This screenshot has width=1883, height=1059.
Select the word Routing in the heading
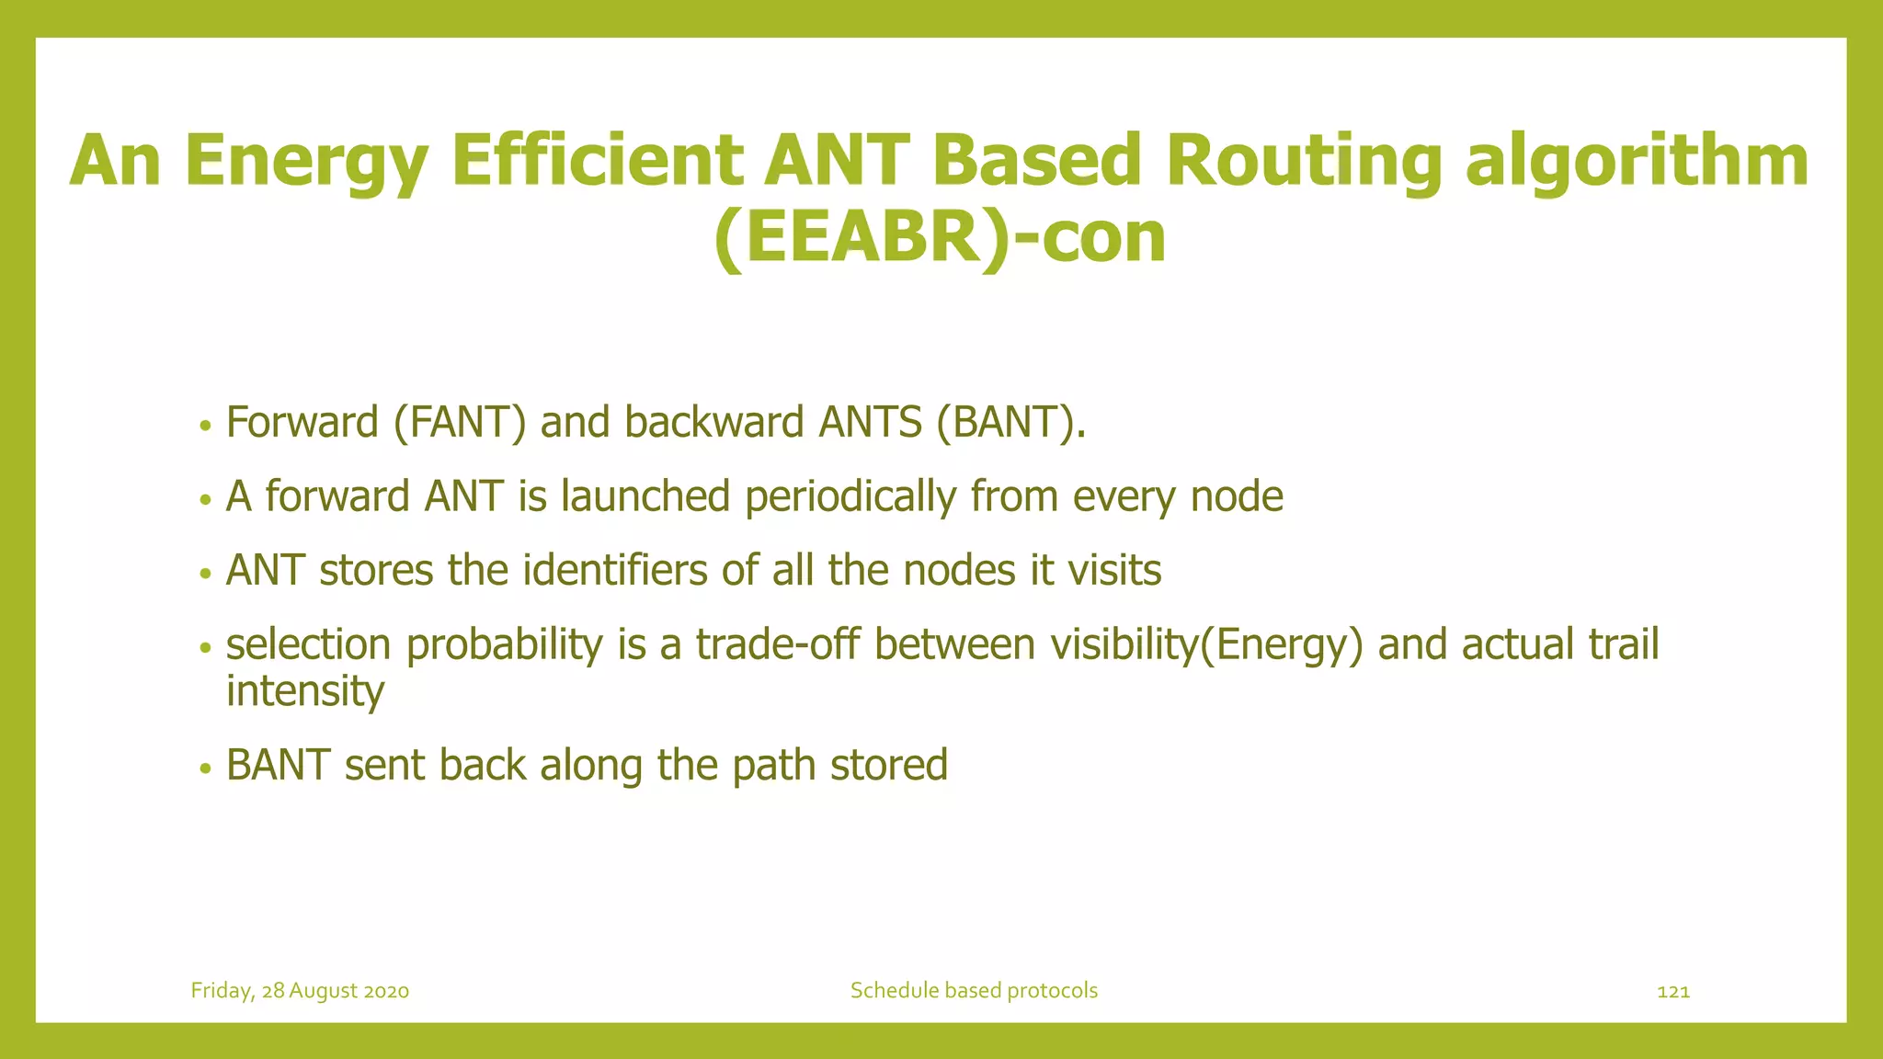click(1304, 161)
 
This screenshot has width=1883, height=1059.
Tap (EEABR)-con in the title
click(940, 237)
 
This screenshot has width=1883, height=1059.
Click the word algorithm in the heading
click(1637, 161)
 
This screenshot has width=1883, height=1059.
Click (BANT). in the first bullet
click(1011, 423)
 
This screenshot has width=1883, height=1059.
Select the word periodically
click(850, 497)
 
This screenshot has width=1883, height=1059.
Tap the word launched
click(645, 497)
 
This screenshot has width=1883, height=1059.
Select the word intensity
click(304, 691)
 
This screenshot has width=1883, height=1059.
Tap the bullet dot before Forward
click(206, 426)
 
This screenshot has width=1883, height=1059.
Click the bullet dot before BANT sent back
click(206, 769)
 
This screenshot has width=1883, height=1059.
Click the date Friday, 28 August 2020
click(300, 991)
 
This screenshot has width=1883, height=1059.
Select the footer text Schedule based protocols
click(974, 991)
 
